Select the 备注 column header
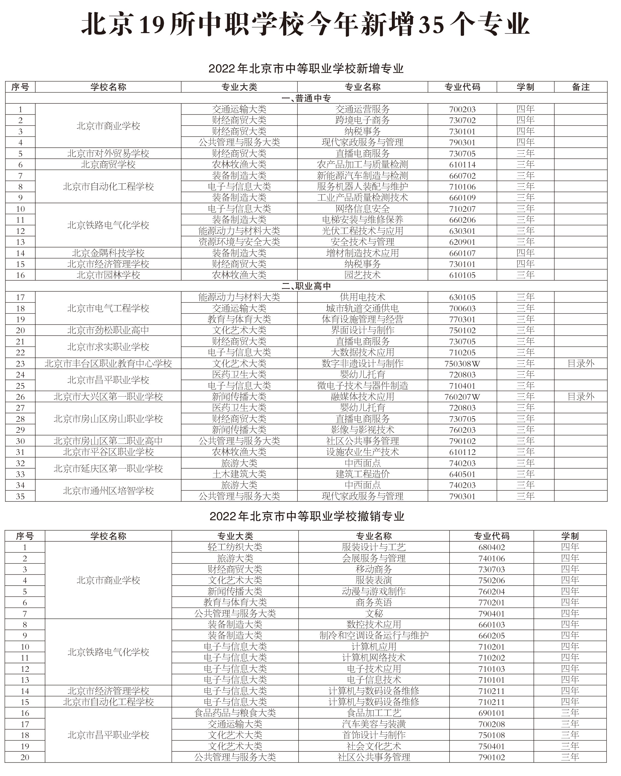(x=581, y=87)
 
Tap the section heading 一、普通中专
(x=306, y=98)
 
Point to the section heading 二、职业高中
(x=306, y=286)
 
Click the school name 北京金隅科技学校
(x=108, y=253)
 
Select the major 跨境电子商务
(x=362, y=120)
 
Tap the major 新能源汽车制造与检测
(x=362, y=176)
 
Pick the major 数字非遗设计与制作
(x=362, y=364)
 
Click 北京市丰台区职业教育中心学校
(x=108, y=364)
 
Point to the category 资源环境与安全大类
(x=239, y=242)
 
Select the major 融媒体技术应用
(x=362, y=397)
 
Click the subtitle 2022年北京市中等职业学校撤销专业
(x=307, y=516)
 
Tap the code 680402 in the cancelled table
(x=491, y=547)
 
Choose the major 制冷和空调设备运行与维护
(x=374, y=635)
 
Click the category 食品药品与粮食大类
(x=235, y=713)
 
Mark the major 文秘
(x=374, y=613)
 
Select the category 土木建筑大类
(x=239, y=474)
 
